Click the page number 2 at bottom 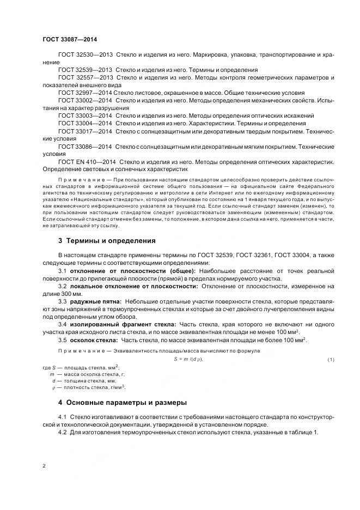tap(44, 466)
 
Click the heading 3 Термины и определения tap(107, 241)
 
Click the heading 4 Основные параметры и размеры tap(123, 403)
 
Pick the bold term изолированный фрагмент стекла tap(117, 324)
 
